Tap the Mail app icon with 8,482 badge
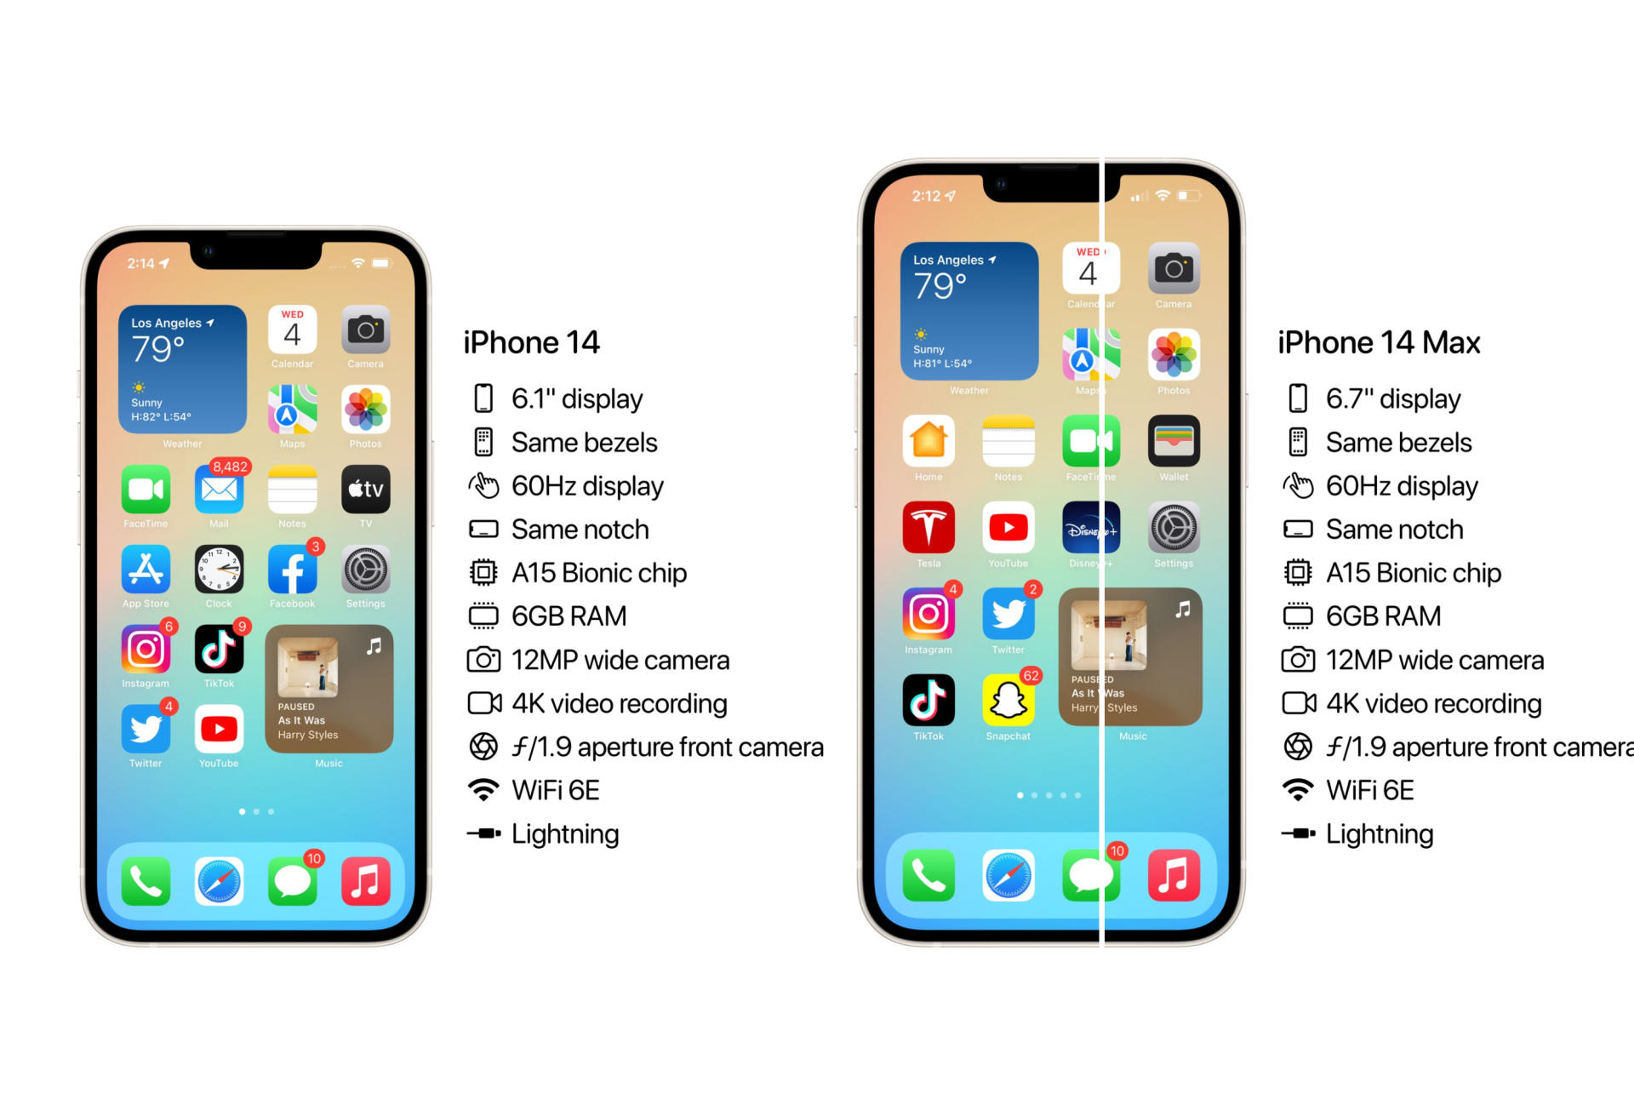point(219,490)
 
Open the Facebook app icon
point(292,570)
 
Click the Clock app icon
point(219,570)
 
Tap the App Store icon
point(146,570)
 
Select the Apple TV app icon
point(365,490)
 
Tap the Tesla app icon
point(928,528)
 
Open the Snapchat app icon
point(1008,701)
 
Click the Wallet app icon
point(1174,441)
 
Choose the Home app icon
point(928,441)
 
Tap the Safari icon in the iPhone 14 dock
point(219,881)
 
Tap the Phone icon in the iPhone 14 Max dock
point(928,875)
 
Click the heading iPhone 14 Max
point(1379,342)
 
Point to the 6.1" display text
point(577,399)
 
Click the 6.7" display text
point(1393,399)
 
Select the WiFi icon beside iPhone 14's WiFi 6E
point(483,790)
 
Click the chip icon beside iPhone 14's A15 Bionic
point(483,573)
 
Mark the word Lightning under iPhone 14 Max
point(1380,834)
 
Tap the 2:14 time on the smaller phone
point(141,264)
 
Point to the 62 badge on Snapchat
point(1031,676)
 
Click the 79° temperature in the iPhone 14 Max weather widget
point(940,286)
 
